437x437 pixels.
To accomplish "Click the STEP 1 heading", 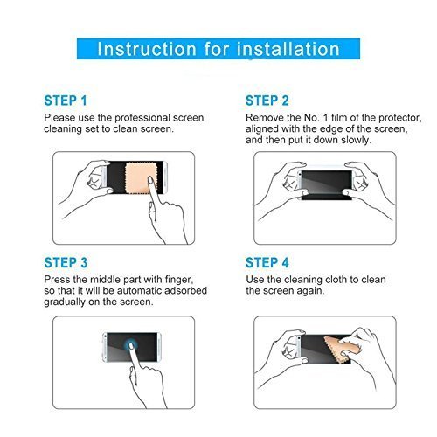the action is [66, 101].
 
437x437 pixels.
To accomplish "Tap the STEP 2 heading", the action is [267, 101].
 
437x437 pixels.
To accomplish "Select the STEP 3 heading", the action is [66, 262].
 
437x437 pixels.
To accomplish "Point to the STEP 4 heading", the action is [267, 262].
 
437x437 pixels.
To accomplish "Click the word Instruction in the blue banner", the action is [147, 49].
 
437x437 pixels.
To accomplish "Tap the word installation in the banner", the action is [288, 49].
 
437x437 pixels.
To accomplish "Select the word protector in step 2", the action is [400, 118].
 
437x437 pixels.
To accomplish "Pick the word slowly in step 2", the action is [357, 140].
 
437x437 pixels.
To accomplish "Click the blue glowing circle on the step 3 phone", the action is [130, 346].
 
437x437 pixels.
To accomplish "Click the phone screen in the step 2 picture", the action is [326, 182].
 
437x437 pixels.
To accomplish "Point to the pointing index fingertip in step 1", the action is [150, 179].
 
